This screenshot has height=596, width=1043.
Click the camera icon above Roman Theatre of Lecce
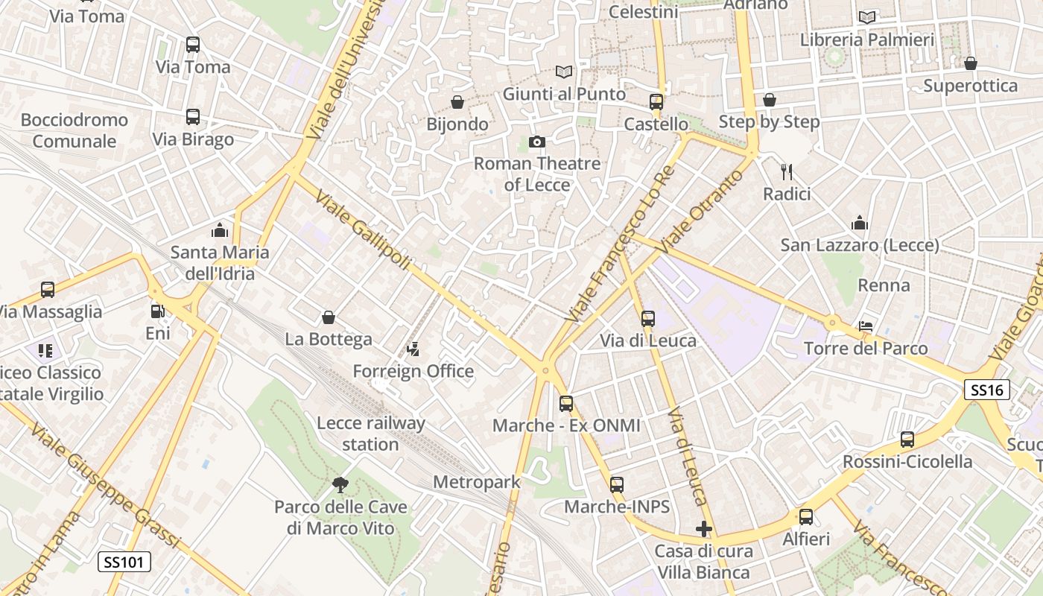click(536, 142)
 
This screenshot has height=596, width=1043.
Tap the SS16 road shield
click(987, 390)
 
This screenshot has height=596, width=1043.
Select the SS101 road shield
click(124, 562)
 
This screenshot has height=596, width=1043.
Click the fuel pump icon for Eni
click(157, 311)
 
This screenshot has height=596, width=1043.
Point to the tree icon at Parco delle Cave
click(340, 486)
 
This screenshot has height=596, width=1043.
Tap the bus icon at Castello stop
click(656, 102)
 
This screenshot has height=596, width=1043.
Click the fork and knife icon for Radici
click(786, 172)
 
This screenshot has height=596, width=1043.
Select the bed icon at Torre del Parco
click(866, 326)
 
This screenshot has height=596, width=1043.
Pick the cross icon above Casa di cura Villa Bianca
click(703, 530)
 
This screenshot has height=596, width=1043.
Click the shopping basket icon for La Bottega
click(329, 318)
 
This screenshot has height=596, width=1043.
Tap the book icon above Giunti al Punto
click(564, 72)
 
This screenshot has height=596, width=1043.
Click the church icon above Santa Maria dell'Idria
click(220, 230)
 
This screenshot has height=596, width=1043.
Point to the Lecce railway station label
click(371, 434)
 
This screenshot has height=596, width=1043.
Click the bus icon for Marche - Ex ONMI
click(566, 404)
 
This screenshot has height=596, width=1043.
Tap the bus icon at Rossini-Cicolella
click(907, 440)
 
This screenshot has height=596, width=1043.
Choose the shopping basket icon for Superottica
click(970, 64)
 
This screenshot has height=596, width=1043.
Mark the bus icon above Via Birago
click(193, 117)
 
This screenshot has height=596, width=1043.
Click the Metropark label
click(476, 482)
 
